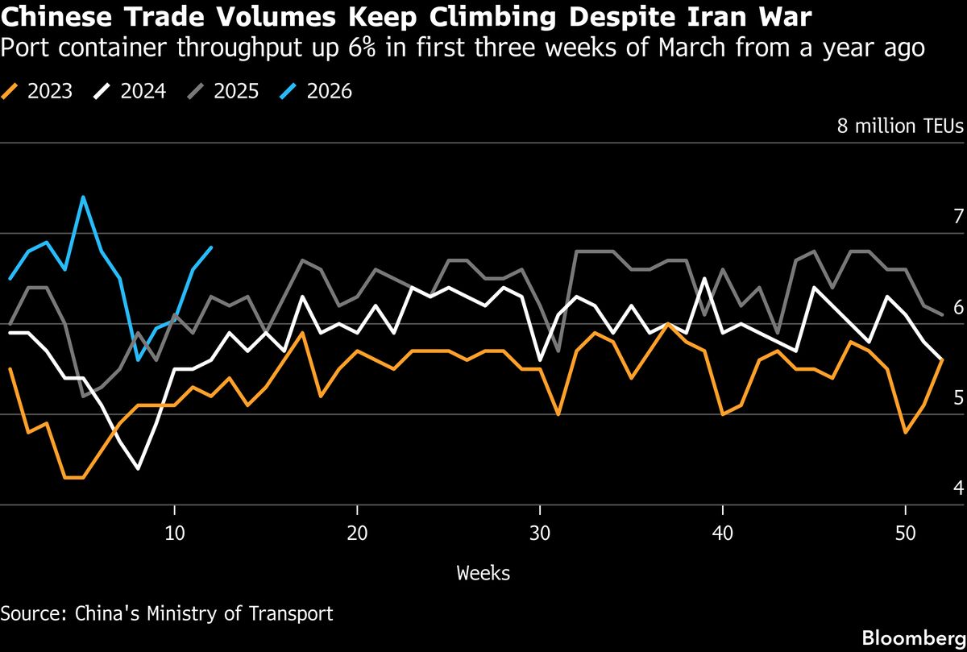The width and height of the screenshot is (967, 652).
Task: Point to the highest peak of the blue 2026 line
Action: pyautogui.click(x=83, y=197)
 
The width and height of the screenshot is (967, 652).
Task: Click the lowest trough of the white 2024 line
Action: pyautogui.click(x=138, y=468)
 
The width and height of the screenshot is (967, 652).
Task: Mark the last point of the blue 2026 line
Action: pyautogui.click(x=211, y=247)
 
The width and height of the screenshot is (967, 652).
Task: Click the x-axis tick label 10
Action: pyautogui.click(x=174, y=534)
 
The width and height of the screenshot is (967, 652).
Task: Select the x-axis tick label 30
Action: pyautogui.click(x=540, y=534)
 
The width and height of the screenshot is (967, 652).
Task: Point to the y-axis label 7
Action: pyautogui.click(x=957, y=216)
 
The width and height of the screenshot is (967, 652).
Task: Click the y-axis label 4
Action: pyautogui.click(x=957, y=488)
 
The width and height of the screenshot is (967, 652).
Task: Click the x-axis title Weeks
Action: pyautogui.click(x=483, y=573)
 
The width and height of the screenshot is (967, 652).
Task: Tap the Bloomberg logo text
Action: pyautogui.click(x=913, y=637)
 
